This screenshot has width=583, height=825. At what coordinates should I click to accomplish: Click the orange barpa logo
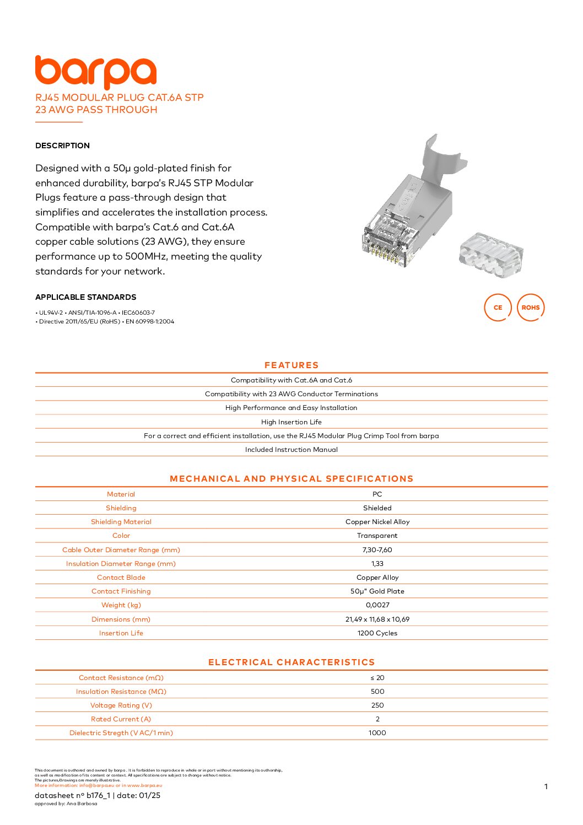coord(96,72)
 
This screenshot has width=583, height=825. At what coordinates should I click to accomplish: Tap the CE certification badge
coord(498,308)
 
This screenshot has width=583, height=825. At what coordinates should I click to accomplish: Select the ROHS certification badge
coord(530,308)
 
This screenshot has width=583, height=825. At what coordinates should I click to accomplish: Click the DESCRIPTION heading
coord(62,145)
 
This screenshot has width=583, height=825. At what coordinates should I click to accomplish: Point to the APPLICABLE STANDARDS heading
coord(85,297)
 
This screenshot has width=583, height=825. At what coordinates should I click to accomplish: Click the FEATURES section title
coord(291,365)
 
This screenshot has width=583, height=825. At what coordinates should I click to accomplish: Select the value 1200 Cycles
coord(377,633)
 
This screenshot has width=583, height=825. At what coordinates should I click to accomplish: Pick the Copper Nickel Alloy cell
coord(377,521)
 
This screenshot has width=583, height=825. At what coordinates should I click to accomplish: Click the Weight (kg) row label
coord(121,605)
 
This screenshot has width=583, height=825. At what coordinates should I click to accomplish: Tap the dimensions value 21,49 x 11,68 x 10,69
coord(377,619)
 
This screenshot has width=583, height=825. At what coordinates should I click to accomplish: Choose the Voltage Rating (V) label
coord(121,705)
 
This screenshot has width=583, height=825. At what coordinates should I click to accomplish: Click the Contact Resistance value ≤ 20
coord(377,677)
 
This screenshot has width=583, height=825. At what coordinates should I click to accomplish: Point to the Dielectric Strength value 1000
coord(377,732)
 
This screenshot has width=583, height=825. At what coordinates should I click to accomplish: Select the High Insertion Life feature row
coord(291,422)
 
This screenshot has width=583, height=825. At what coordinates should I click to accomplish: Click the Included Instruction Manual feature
coord(291,449)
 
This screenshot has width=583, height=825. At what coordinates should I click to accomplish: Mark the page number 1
coord(546,786)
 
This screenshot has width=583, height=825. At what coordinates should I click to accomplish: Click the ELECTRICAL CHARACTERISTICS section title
coord(291,662)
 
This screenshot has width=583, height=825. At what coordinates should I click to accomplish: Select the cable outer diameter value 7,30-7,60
coord(377,549)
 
